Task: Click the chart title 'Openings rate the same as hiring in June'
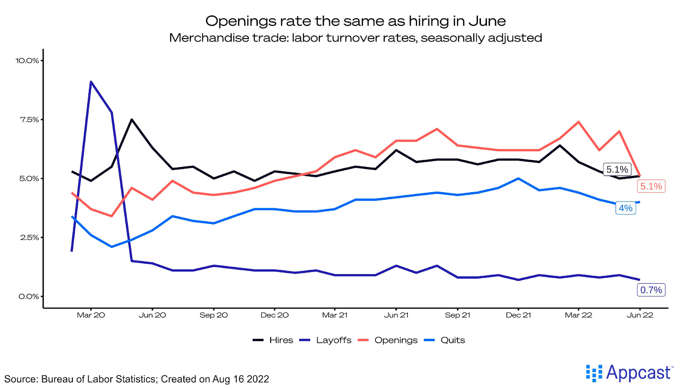pos(355,21)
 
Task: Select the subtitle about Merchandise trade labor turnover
pos(355,38)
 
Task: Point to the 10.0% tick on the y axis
pos(27,61)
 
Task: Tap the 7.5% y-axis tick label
pos(29,120)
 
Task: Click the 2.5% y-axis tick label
pos(29,238)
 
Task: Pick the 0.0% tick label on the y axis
pos(29,297)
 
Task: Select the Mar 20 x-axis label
pos(91,315)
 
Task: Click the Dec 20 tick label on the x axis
pos(274,315)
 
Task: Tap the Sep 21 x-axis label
pos(457,315)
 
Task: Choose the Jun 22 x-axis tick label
pos(640,315)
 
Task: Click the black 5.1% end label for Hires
pos(617,169)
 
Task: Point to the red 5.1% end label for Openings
pos(651,186)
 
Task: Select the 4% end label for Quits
pos(625,208)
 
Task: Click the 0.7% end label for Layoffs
pos(651,290)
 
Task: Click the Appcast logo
pos(629,373)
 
